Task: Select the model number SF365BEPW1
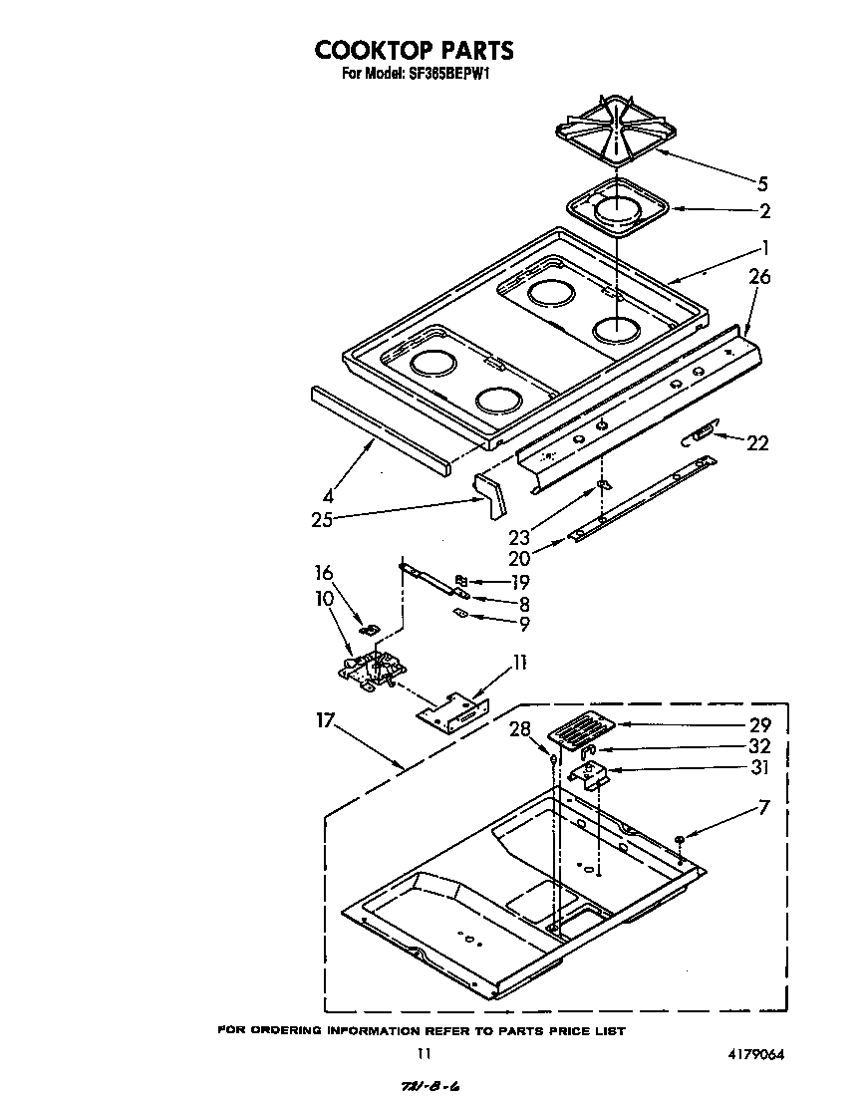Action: point(445,74)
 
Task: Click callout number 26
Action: point(759,277)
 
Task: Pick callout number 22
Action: point(757,442)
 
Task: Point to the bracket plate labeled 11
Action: point(453,710)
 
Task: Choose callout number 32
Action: point(760,745)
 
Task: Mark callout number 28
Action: point(519,731)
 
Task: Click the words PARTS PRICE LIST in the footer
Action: point(565,1030)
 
